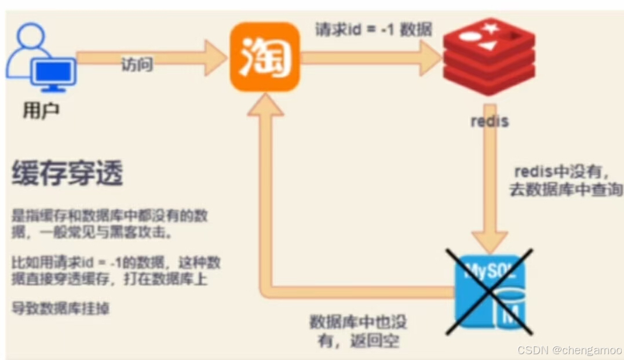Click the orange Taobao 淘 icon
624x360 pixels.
pyautogui.click(x=265, y=57)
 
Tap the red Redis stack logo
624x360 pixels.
pyautogui.click(x=488, y=55)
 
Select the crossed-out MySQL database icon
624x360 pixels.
pyautogui.click(x=488, y=292)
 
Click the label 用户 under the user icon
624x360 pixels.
pyautogui.click(x=41, y=110)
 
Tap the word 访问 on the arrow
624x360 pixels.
pyautogui.click(x=137, y=64)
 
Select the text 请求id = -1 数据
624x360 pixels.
pyautogui.click(x=373, y=30)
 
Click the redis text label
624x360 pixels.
pyautogui.click(x=490, y=122)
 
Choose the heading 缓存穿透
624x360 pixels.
pyautogui.click(x=67, y=174)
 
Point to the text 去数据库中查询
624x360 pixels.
pyautogui.click(x=566, y=190)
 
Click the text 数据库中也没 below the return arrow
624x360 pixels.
pyautogui.click(x=357, y=322)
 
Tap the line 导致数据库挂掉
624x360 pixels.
pyautogui.click(x=60, y=308)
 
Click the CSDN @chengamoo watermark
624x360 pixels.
pyautogui.click(x=569, y=350)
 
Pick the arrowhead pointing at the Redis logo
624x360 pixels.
pyautogui.click(x=431, y=57)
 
